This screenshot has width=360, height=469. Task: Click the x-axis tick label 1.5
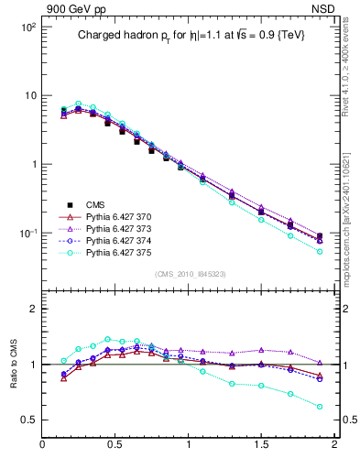261,446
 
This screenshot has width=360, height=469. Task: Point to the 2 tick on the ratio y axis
31,310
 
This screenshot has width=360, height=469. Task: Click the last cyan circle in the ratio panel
320,407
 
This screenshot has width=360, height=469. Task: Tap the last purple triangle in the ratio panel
320,363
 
